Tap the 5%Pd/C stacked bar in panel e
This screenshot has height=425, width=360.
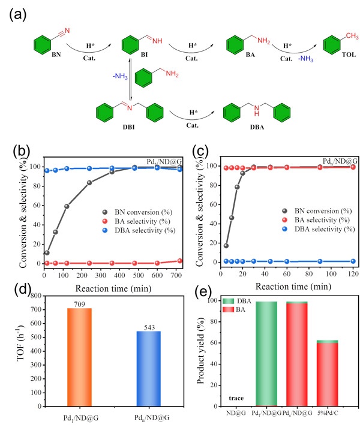coord(327,373)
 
